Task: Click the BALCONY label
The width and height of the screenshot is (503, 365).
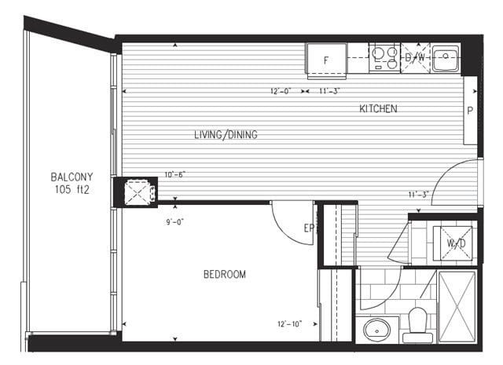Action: [x=72, y=177]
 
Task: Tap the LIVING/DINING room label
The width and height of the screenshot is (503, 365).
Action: [x=226, y=134]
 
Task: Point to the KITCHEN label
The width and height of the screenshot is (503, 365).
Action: [x=378, y=109]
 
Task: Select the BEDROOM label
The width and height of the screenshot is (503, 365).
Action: [x=225, y=274]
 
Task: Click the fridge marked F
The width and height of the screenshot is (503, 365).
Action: [x=327, y=60]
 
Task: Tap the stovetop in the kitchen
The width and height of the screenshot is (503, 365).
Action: [x=384, y=58]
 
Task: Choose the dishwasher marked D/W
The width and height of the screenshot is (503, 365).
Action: [x=415, y=58]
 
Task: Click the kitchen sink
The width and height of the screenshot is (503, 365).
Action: [x=446, y=59]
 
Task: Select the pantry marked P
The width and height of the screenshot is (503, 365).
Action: [x=470, y=111]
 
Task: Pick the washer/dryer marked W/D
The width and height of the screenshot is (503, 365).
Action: [x=453, y=243]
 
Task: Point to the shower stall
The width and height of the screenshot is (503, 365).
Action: [x=457, y=307]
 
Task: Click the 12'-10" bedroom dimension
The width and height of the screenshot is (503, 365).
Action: [x=290, y=324]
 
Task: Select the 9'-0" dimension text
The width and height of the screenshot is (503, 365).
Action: [x=174, y=222]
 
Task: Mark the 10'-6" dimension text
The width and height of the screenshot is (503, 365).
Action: [x=174, y=174]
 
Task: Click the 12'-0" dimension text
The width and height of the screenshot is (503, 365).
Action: [x=281, y=91]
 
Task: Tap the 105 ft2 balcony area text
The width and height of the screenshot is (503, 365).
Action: [x=72, y=190]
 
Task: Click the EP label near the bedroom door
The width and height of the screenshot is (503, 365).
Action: [x=309, y=228]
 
